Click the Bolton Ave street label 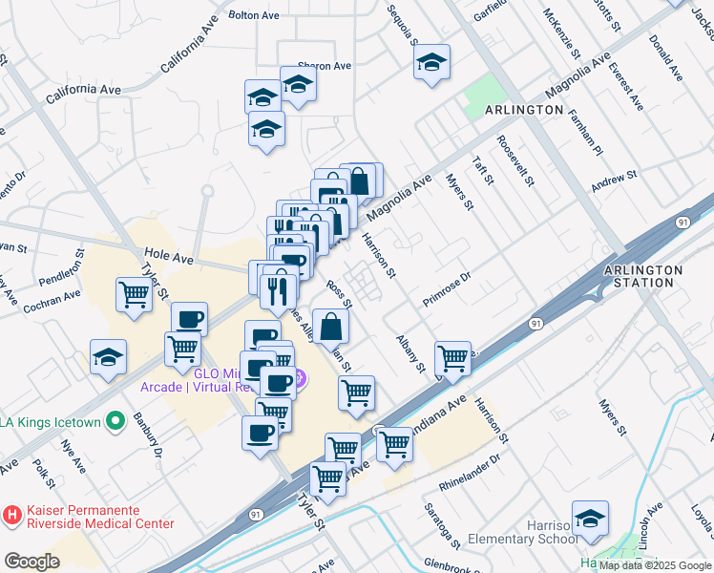[255, 16]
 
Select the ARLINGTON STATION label [644, 276]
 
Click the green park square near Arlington [485, 96]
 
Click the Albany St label [410, 353]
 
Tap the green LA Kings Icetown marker [115, 420]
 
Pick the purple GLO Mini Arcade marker [300, 379]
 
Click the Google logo [31, 562]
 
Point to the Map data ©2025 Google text [655, 565]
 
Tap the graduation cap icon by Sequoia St [432, 63]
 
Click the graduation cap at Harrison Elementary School [591, 518]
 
